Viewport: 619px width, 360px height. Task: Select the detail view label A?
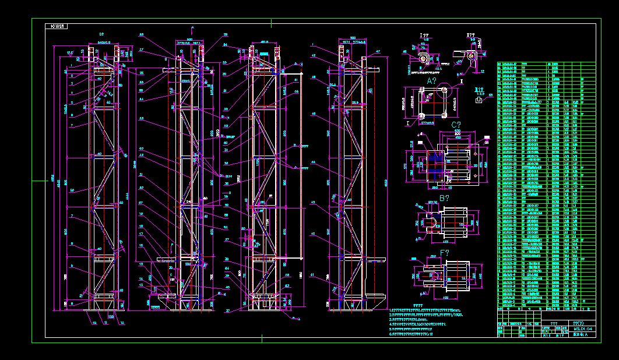tap(432, 80)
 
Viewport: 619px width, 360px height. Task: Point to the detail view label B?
tap(444, 198)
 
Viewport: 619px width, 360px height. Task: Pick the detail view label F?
tap(445, 253)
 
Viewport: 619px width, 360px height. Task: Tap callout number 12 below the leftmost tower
tap(122, 323)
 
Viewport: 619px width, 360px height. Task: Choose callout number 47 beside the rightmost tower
tap(378, 52)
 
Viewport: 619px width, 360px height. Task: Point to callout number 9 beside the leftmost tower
tap(72, 266)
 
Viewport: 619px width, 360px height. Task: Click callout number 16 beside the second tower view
tap(140, 245)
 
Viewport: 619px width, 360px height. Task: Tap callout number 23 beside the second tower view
tap(140, 118)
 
